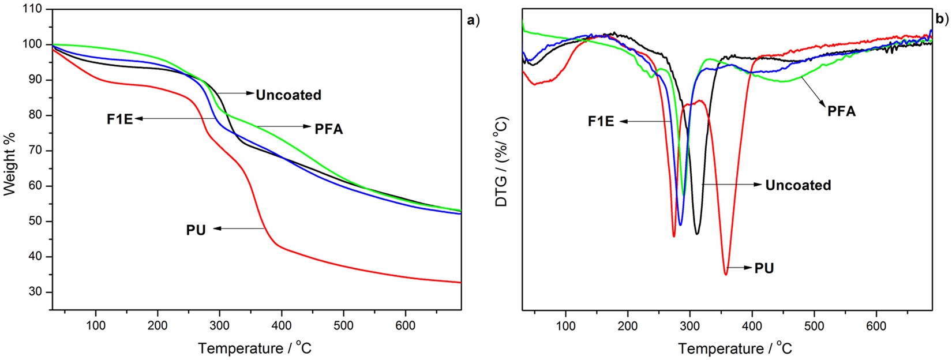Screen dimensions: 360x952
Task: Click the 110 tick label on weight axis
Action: pyautogui.click(x=32, y=9)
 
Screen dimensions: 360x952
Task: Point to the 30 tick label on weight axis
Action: pyautogui.click(x=35, y=292)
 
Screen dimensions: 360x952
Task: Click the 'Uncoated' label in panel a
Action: pyautogui.click(x=288, y=95)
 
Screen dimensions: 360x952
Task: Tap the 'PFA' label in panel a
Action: pyautogui.click(x=328, y=129)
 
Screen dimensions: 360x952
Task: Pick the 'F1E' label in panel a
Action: pyautogui.click(x=119, y=119)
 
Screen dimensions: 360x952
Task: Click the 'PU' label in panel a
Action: pyautogui.click(x=196, y=230)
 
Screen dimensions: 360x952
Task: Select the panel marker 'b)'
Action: pyautogui.click(x=942, y=19)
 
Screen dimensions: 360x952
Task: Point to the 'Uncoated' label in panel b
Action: pyautogui.click(x=798, y=185)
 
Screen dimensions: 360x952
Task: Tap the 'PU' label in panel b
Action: pyautogui.click(x=764, y=268)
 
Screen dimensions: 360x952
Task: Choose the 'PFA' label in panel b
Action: pyautogui.click(x=841, y=111)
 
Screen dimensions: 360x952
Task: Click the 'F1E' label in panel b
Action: pyautogui.click(x=601, y=121)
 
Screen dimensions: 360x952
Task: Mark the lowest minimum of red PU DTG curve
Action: pyautogui.click(x=726, y=274)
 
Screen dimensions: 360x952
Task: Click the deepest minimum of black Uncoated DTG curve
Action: pyautogui.click(x=697, y=234)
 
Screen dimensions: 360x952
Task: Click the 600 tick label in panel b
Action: pyautogui.click(x=876, y=325)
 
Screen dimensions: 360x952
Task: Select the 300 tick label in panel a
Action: pyautogui.click(x=219, y=325)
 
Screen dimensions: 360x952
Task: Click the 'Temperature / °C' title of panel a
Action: pyautogui.click(x=254, y=348)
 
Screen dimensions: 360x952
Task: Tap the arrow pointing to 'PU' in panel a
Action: pyautogui.click(x=239, y=229)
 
